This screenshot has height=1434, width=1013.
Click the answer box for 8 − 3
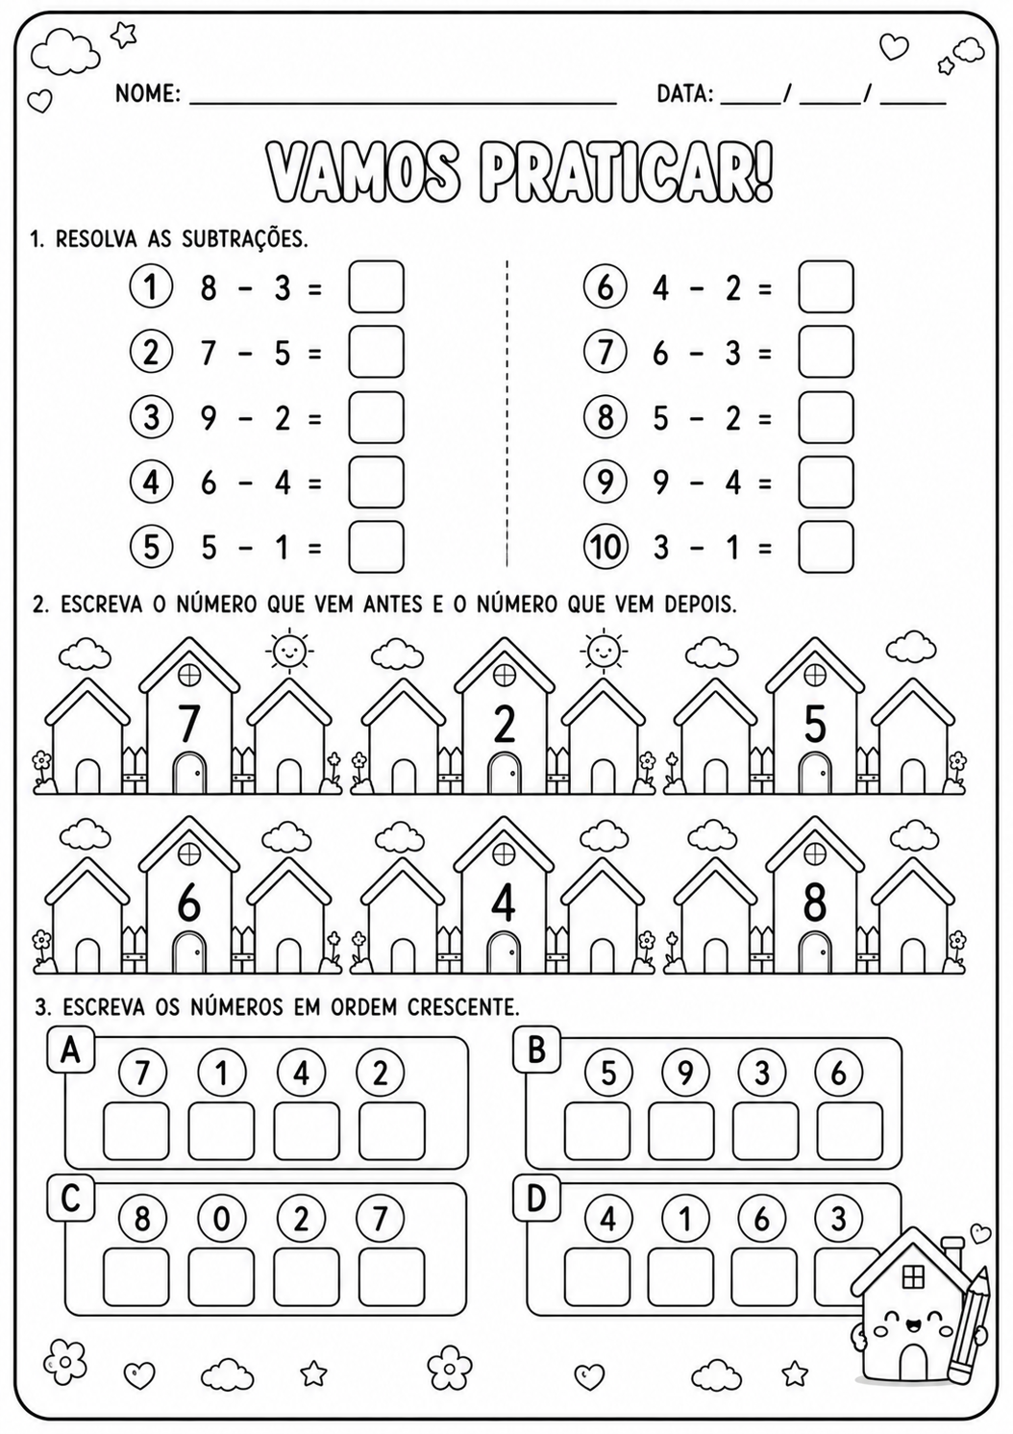pyautogui.click(x=376, y=286)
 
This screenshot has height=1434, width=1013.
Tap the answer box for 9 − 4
pyautogui.click(x=826, y=482)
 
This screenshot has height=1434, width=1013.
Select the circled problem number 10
pyautogui.click(x=605, y=547)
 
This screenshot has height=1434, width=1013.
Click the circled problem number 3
pyautogui.click(x=151, y=418)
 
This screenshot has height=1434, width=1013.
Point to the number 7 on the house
pyautogui.click(x=187, y=723)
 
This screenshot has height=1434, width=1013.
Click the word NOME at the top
pyautogui.click(x=148, y=93)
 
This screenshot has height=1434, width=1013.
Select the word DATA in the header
pyautogui.click(x=685, y=93)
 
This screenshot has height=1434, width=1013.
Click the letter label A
pyautogui.click(x=70, y=1051)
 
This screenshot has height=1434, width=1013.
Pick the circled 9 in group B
pyautogui.click(x=685, y=1074)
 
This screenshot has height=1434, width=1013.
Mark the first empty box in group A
pyautogui.click(x=136, y=1131)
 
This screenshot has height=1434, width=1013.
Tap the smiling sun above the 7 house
pyautogui.click(x=286, y=653)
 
